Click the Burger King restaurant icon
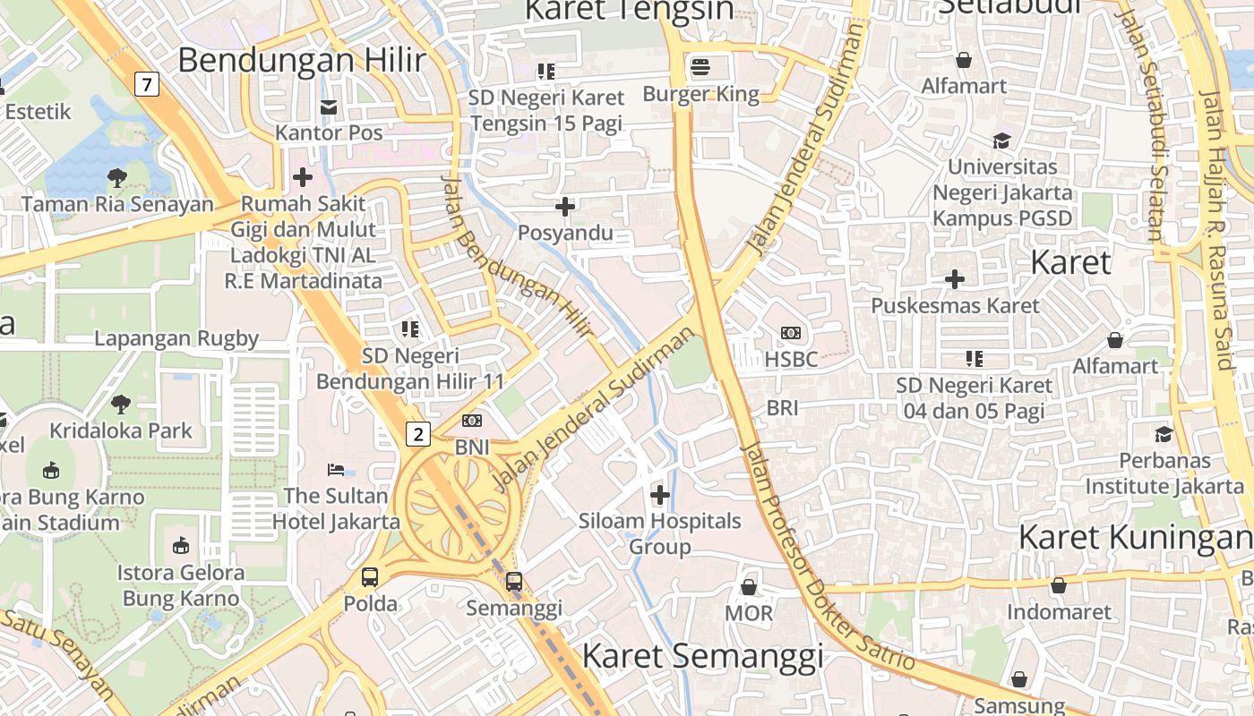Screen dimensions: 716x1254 700,66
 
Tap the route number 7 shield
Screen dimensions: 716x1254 147,85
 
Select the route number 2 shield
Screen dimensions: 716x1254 417,435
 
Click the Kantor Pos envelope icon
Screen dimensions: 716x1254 329,107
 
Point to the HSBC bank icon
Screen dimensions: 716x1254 791,333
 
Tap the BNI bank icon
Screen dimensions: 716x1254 472,421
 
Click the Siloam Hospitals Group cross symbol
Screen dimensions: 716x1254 660,494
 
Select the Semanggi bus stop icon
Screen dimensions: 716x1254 514,582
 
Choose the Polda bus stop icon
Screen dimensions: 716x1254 370,577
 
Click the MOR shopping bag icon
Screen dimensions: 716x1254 748,587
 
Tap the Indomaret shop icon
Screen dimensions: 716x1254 1059,586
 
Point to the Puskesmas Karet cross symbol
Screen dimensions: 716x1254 956,279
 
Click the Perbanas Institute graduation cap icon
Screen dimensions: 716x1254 1164,434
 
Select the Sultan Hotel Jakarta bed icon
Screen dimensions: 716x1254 336,469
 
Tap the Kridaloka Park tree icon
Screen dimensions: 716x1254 120,405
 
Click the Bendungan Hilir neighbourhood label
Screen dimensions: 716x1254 301,60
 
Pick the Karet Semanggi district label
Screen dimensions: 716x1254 702,656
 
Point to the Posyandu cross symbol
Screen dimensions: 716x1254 565,208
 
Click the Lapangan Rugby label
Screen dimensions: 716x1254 176,338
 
